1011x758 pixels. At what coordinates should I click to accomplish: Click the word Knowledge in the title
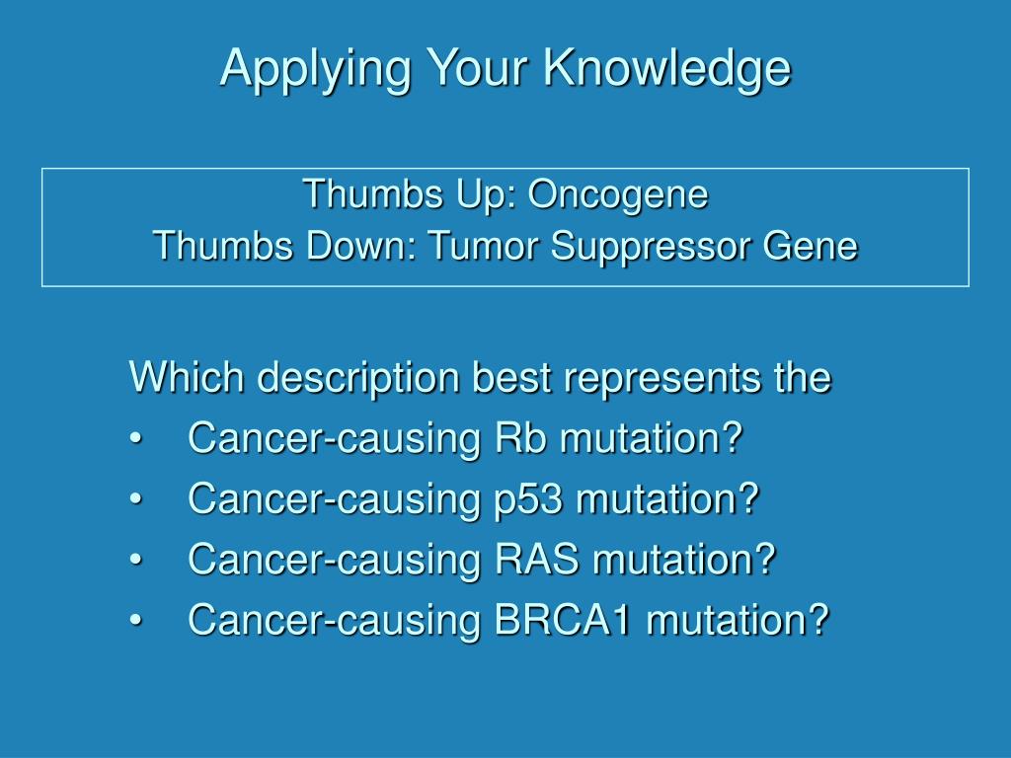pos(666,69)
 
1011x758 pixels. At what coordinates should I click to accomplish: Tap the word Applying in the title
pos(315,69)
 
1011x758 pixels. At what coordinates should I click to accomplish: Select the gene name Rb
pos(520,437)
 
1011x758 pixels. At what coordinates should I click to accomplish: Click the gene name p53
pos(528,499)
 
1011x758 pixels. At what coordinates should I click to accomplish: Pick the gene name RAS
pos(536,559)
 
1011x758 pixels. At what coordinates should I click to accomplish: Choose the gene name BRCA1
pos(562,619)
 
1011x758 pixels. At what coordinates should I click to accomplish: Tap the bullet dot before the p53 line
pos(134,499)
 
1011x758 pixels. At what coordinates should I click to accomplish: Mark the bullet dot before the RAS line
pos(134,560)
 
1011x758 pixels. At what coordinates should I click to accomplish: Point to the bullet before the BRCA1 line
pos(134,620)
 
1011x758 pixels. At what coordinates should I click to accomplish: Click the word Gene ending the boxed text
pos(810,246)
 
